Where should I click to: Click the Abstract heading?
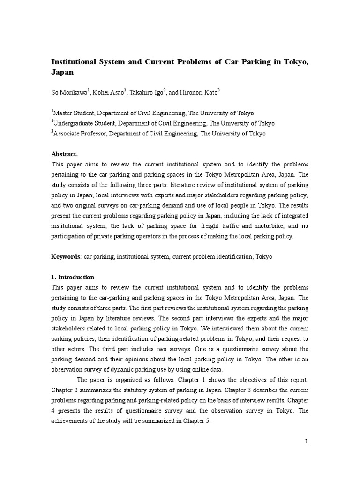point(64,154)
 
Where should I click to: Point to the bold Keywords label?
point(66,257)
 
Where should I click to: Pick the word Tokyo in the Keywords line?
point(263,257)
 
